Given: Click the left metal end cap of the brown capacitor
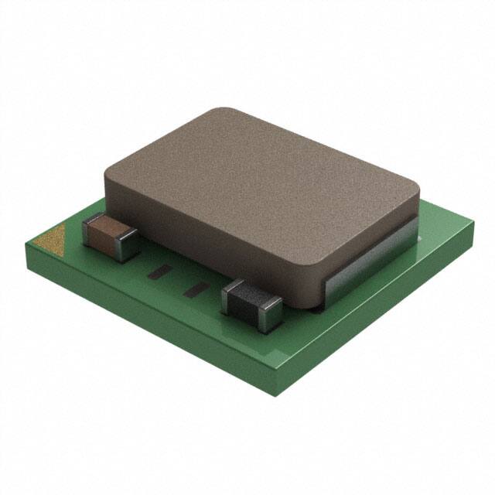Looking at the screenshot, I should [x=89, y=232].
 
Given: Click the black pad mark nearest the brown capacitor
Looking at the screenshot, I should [x=161, y=271].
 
